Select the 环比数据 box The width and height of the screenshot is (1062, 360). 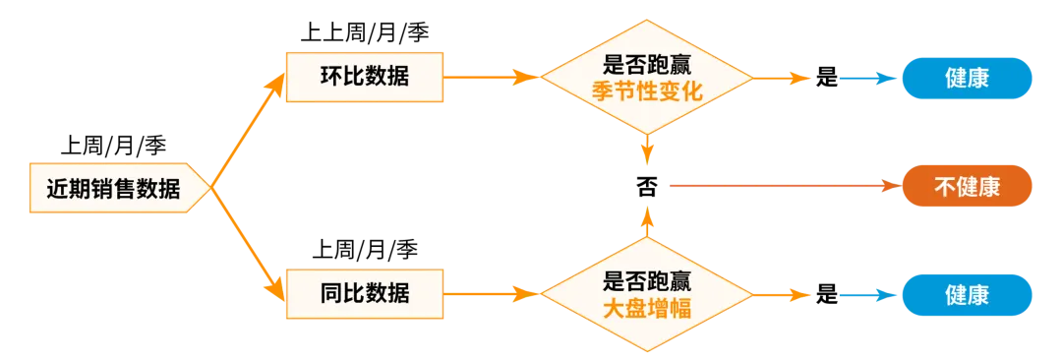click(364, 76)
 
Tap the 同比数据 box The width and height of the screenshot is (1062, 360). click(364, 292)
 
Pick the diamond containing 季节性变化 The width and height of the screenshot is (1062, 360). click(646, 78)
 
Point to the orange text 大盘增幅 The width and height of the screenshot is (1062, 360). click(646, 308)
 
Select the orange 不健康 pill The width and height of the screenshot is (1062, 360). click(967, 186)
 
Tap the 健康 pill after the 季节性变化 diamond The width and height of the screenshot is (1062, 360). click(967, 78)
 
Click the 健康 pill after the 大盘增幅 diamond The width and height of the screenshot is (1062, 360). click(967, 295)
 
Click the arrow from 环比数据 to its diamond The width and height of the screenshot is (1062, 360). click(492, 76)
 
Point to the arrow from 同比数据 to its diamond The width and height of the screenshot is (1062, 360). click(492, 293)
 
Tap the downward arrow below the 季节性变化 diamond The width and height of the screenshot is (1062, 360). click(646, 150)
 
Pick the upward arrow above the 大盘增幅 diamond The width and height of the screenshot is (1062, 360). click(646, 221)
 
